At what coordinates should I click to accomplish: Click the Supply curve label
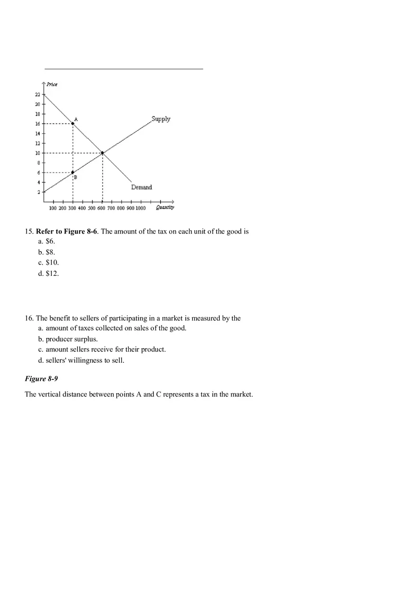[x=161, y=119]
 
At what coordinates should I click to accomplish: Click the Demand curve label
[x=142, y=187]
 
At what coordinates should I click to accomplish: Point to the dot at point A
[x=73, y=123]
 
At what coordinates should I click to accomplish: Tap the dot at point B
[x=73, y=172]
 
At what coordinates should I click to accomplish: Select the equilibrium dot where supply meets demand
[x=102, y=153]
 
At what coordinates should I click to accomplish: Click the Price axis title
[x=52, y=85]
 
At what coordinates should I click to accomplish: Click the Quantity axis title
[x=165, y=207]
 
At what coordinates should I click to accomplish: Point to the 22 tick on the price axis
[x=38, y=94]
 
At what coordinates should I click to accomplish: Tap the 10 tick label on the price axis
[x=38, y=153]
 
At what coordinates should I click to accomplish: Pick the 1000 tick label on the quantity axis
[x=141, y=208]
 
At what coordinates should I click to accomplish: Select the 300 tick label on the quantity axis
[x=72, y=208]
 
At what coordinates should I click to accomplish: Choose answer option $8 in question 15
[x=50, y=252]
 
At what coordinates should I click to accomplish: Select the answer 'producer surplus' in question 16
[x=71, y=339]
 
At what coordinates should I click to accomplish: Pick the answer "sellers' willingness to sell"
[x=85, y=360]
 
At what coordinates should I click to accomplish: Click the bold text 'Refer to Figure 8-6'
[x=66, y=232]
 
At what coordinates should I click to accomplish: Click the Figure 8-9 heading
[x=41, y=379]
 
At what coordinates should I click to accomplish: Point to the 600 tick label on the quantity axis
[x=102, y=208]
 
